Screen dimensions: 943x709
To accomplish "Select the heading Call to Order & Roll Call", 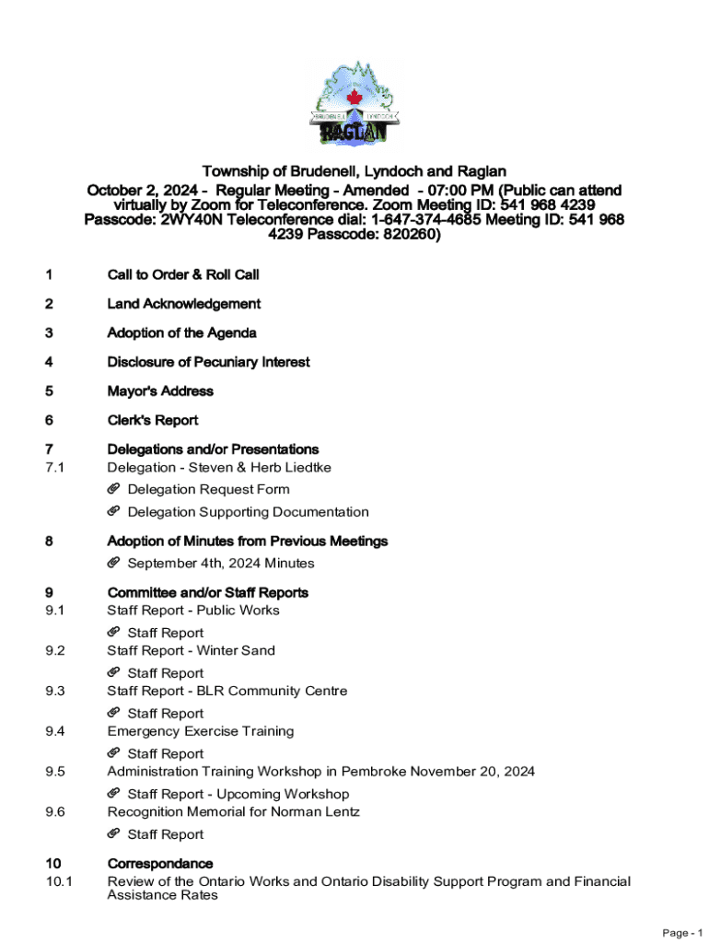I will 183,274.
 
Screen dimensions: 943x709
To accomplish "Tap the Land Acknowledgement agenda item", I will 183,304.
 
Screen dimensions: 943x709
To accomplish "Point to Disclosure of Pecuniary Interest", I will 208,362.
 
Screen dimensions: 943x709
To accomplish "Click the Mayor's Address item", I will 160,391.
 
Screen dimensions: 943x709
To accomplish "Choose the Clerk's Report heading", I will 153,421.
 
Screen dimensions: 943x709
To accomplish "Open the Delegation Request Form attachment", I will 208,490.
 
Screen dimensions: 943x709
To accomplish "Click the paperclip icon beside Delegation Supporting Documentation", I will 114,512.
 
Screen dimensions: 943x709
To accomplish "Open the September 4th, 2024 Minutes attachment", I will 220,564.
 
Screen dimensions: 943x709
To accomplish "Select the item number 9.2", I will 55,651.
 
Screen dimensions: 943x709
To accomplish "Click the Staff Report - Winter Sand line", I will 191,651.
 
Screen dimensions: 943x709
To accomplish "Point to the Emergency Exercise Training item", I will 201,731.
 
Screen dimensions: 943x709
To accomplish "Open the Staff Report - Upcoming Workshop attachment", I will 238,794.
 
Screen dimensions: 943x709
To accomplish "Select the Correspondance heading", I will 160,864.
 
